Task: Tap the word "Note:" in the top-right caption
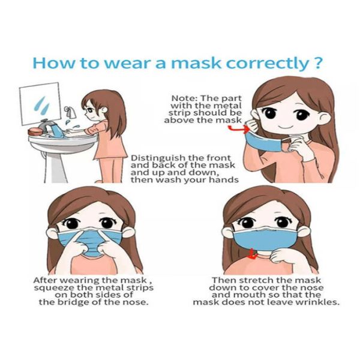(x=184, y=98)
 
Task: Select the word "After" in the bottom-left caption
(x=46, y=280)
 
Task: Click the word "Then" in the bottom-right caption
(x=223, y=280)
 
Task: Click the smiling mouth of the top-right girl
(x=284, y=128)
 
